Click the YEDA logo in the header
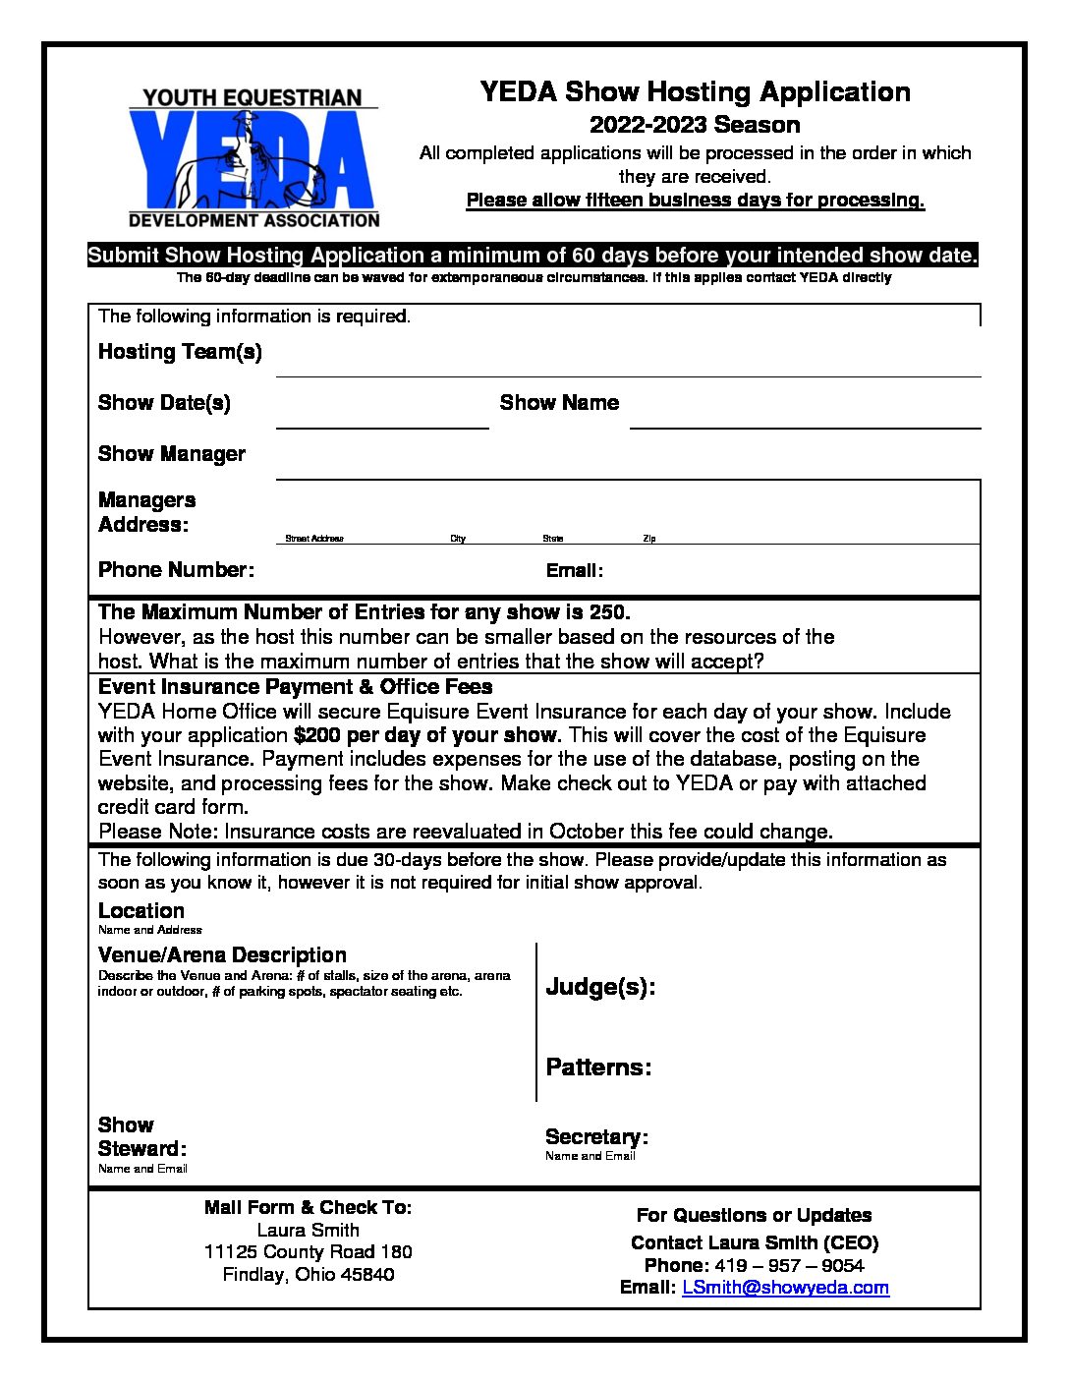(253, 157)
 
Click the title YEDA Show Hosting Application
(695, 92)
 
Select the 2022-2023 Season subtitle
(695, 125)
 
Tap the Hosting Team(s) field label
(180, 352)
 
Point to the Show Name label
(559, 403)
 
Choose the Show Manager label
(172, 454)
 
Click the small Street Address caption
(314, 539)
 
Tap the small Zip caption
(649, 539)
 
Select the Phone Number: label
(176, 570)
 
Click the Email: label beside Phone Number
(575, 571)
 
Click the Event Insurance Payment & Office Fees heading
(295, 687)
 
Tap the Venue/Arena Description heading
(222, 955)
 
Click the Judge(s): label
(600, 987)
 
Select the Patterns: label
(598, 1067)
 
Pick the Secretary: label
(596, 1137)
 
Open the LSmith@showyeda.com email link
(785, 1288)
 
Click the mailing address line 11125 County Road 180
(308, 1252)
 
